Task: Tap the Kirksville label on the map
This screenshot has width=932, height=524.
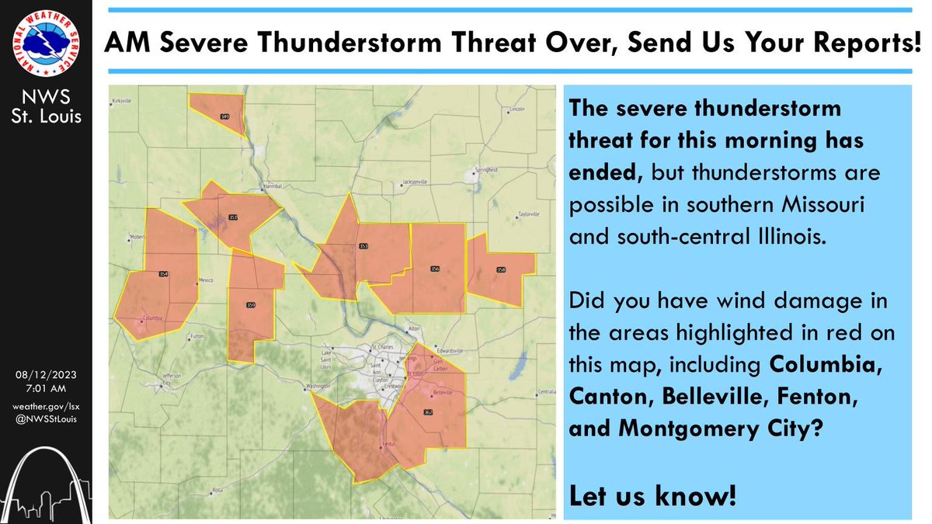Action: pos(124,102)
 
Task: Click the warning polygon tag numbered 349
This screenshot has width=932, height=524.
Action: pos(225,116)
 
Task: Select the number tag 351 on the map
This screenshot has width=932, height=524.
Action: pos(233,217)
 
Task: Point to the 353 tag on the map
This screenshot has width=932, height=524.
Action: pos(363,246)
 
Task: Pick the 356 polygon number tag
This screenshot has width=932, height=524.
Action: pos(435,269)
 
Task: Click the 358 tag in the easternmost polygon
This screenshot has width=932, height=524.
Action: pos(501,270)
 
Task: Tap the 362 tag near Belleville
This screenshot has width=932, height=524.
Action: pos(429,411)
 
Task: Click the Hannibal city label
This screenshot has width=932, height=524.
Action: pos(270,187)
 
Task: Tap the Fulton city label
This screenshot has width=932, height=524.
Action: pos(196,335)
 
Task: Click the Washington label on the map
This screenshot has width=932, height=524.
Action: pos(318,386)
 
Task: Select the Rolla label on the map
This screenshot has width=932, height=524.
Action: pos(218,490)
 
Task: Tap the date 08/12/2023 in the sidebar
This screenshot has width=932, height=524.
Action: pos(47,374)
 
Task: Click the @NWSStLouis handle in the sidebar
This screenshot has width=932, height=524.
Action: pos(47,420)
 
